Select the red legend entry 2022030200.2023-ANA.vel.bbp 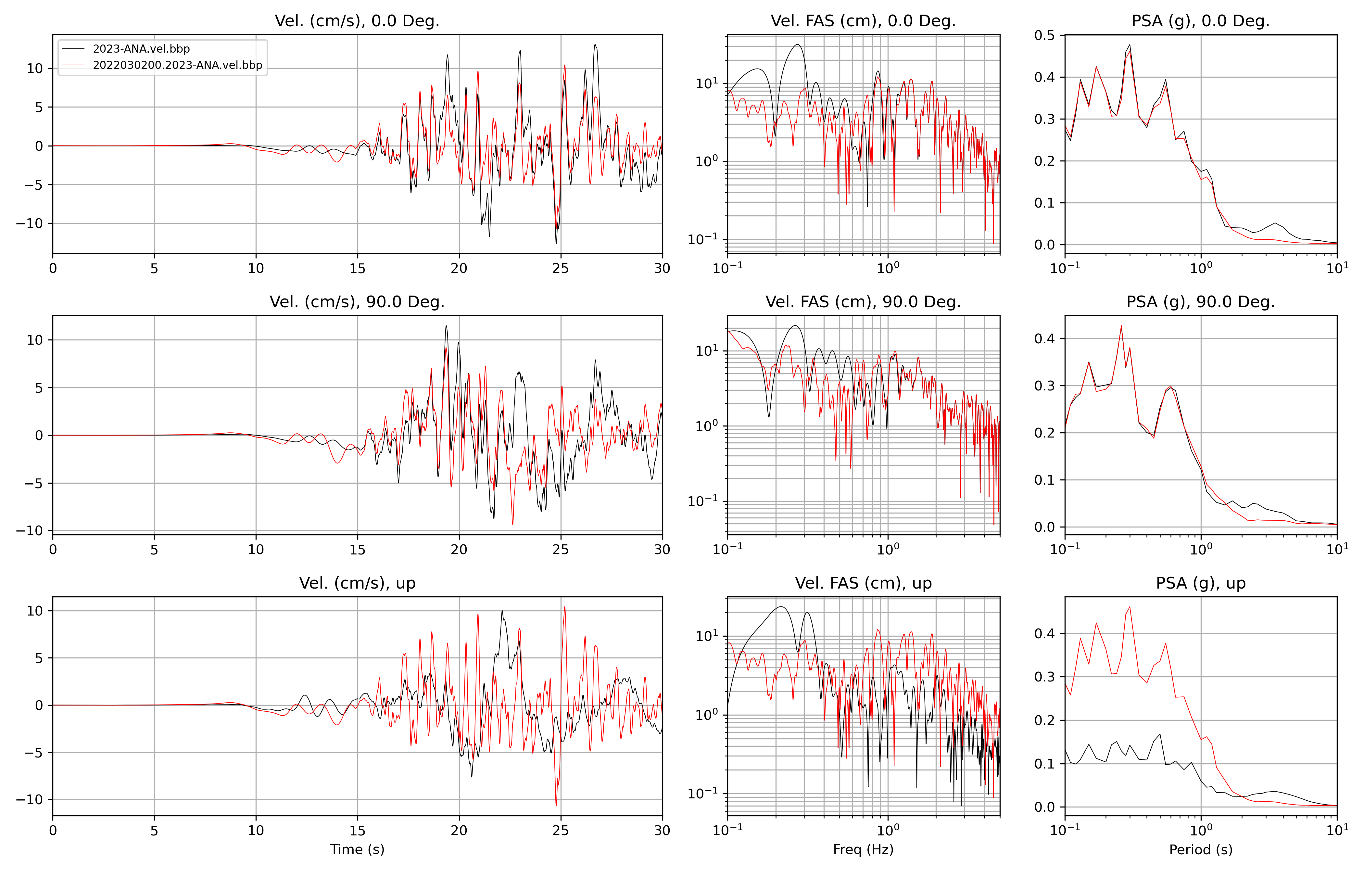tap(177, 65)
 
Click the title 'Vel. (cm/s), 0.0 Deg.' tap(357, 21)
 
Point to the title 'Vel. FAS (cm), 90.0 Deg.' tap(863, 302)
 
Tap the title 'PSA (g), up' tap(1201, 583)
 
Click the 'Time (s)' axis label tap(357, 849)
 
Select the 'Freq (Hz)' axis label tap(863, 849)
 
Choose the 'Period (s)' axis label tap(1201, 849)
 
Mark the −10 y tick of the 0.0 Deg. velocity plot tap(29, 223)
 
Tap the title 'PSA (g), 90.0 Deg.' tap(1201, 302)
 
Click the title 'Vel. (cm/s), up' tap(357, 583)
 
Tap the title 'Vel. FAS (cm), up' tap(863, 583)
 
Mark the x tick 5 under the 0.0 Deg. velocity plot tap(154, 268)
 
